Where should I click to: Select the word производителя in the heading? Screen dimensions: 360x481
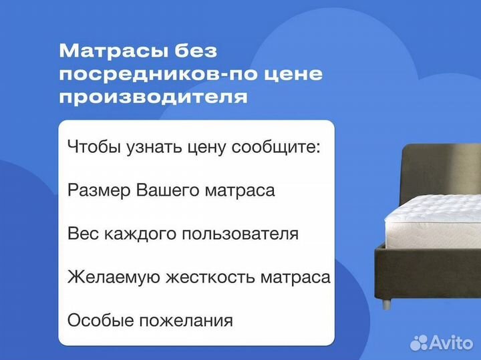coord(153,96)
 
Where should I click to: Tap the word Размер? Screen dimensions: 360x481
coord(99,190)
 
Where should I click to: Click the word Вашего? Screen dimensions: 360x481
coord(166,190)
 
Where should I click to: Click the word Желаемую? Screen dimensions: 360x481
coord(108,277)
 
